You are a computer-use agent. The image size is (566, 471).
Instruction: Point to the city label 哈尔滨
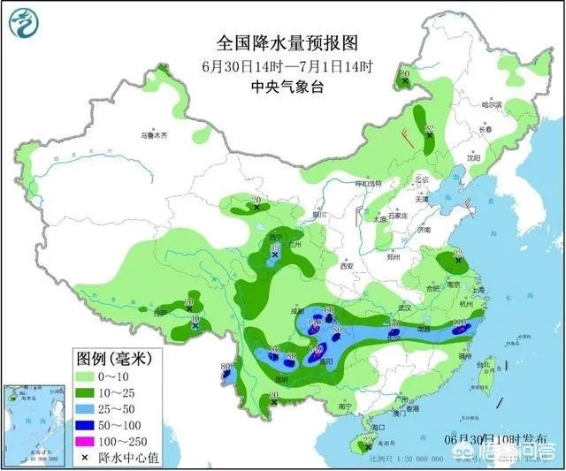pyautogui.click(x=491, y=104)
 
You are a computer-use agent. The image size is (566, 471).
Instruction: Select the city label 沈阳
pyautogui.click(x=476, y=158)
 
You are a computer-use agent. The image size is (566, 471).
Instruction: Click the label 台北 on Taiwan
pyautogui.click(x=483, y=364)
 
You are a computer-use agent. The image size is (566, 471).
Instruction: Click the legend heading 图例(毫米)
pyautogui.click(x=115, y=359)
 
